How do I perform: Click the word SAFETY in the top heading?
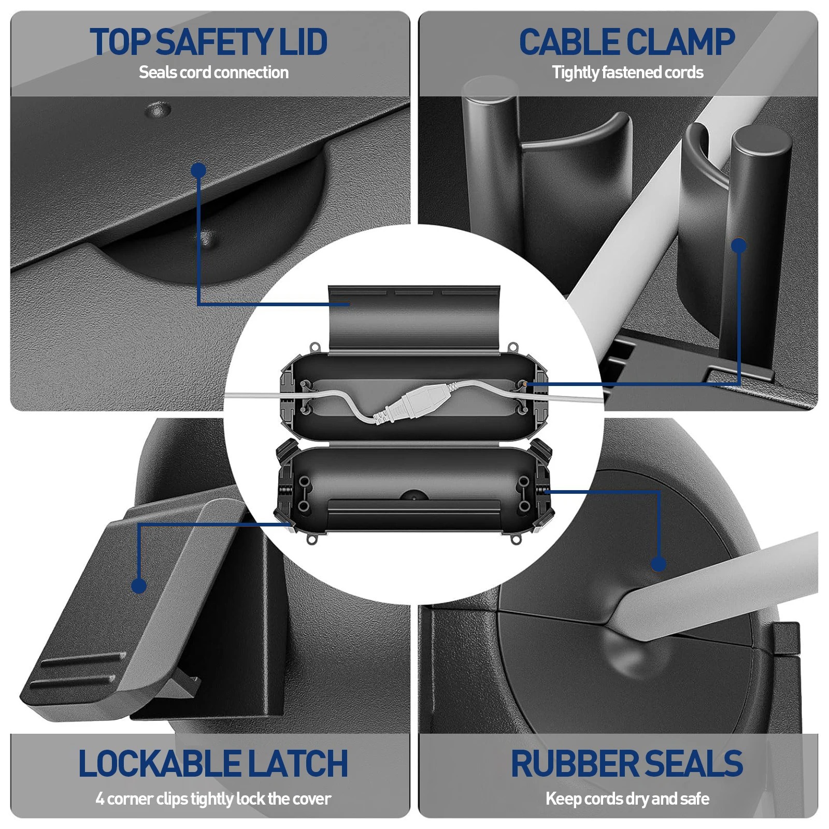213,42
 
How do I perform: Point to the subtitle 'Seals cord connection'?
213,73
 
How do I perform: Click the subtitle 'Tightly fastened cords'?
627,73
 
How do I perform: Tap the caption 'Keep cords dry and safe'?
627,799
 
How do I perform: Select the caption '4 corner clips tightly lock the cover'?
213,799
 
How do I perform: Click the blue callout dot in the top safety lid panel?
198,170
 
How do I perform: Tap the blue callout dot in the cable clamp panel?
739,246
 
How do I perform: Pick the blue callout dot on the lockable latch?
139,585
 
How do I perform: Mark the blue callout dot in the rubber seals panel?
658,564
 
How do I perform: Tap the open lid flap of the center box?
414,319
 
